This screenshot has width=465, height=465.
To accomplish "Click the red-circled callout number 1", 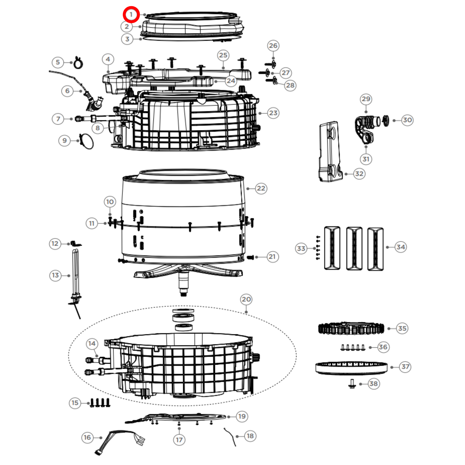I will pos(131,15).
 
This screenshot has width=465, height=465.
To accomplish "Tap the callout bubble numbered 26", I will pos(273,46).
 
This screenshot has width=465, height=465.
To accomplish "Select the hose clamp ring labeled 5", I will pos(78,63).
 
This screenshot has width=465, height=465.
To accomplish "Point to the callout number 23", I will pos(273,113).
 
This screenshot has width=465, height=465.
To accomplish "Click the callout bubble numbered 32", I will pos(359,174).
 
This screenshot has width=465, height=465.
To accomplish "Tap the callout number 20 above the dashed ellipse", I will pos(246,299).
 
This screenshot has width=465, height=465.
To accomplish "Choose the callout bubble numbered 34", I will pos(401,247).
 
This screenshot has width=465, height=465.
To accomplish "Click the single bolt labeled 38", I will pos(352,384).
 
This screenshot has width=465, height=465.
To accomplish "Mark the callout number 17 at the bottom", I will pos(179,440).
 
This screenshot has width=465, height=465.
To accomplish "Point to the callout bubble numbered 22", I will pos(261,188).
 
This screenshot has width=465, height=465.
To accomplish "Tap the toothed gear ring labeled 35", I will pos(351,329).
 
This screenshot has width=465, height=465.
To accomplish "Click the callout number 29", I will pos(366,99).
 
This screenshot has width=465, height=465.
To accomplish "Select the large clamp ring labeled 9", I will pos(86,142).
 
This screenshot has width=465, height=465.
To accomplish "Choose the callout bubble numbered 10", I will pos(110,202).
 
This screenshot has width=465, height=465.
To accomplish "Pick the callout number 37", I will pos(405,367).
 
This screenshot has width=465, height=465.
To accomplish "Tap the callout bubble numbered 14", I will pos(92,344).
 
